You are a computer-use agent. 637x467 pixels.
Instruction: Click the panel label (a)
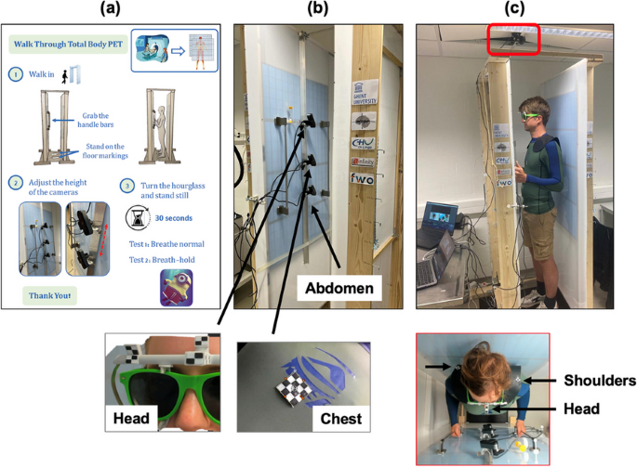110,10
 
